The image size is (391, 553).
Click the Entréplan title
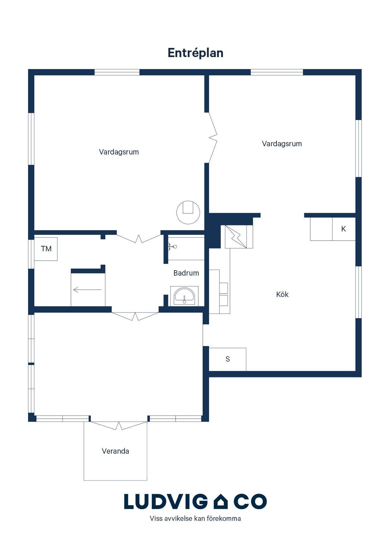pos(195,53)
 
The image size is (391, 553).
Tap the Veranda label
pos(115,451)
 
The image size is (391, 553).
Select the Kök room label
pos(282,294)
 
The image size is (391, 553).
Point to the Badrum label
pos(186,273)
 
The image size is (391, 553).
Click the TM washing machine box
pos(46,249)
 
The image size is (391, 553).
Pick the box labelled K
pos(344,229)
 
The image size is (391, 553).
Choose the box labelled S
pos(227,359)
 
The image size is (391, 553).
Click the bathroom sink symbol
pos(184,296)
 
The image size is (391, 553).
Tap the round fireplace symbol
pos(188,212)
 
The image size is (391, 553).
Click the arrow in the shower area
pos(87,289)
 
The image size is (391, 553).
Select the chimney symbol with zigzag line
pos(236,237)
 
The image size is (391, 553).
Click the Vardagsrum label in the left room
pos(119,152)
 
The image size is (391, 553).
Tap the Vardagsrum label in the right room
pos(282,144)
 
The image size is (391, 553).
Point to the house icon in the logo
pos(220,502)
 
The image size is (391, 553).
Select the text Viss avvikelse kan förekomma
pos(195,519)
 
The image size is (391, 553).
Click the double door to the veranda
pos(119,426)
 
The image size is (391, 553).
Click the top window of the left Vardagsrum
pos(117,72)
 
